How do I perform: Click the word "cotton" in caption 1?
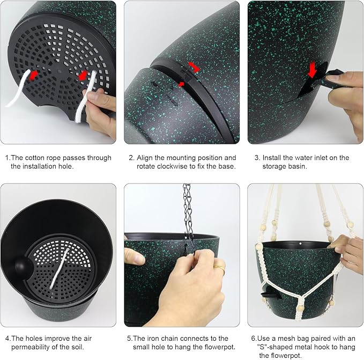coord(35,158)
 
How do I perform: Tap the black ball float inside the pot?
coord(23,266)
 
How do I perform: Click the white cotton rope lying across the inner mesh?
coord(60,269)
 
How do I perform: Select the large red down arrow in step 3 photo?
coord(312,69)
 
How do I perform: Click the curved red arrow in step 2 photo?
coord(194,67)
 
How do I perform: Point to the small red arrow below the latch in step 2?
coord(181,84)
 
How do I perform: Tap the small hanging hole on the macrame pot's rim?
coord(300,244)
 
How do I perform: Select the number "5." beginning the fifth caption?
coord(130,339)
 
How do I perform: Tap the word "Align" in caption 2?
coord(144,158)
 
